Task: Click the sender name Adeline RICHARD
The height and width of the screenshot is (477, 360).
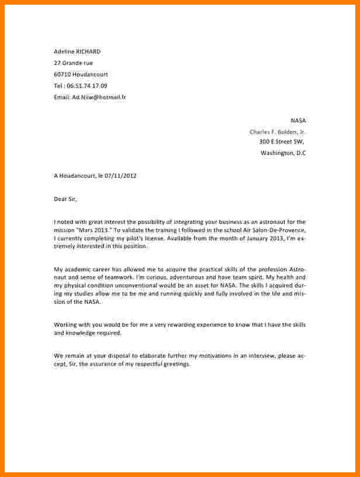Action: click(x=77, y=51)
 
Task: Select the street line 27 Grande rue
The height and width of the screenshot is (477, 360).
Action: click(x=73, y=63)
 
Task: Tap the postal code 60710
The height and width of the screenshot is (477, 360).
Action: click(x=62, y=74)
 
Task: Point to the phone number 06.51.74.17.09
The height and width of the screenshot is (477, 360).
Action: click(x=87, y=85)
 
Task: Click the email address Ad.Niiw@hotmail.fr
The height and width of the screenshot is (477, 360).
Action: click(x=99, y=97)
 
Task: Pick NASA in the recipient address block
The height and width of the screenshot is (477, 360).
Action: click(x=297, y=120)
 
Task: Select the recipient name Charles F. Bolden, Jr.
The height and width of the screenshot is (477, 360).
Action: click(x=277, y=132)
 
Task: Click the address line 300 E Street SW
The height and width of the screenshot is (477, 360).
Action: click(x=281, y=141)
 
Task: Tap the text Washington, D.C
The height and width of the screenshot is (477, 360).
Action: click(x=283, y=153)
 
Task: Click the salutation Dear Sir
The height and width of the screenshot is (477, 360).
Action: click(x=65, y=199)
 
